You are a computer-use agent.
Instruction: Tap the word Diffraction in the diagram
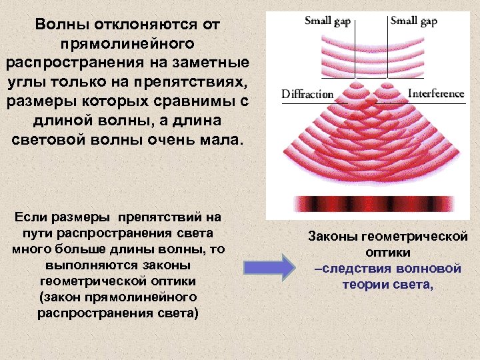[307, 94]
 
